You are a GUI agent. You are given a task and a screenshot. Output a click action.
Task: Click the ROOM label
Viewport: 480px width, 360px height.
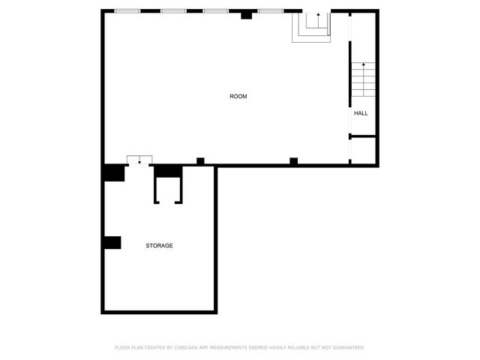point(238,96)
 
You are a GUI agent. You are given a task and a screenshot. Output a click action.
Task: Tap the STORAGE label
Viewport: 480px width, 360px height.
point(159,245)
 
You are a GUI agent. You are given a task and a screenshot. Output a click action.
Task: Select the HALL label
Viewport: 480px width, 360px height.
point(361,113)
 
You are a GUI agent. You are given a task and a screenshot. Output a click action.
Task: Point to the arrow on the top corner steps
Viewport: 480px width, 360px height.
point(317,16)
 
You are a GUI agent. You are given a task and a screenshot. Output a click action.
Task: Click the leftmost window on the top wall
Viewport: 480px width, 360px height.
point(126,11)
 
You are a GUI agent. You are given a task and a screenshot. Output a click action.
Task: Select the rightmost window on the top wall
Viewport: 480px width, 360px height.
point(271,11)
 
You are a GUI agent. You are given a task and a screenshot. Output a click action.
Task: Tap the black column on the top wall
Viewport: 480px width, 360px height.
point(246,14)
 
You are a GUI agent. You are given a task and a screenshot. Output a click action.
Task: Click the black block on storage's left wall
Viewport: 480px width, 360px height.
point(112,242)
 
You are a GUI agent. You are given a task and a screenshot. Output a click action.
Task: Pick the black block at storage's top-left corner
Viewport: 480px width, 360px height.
point(114,172)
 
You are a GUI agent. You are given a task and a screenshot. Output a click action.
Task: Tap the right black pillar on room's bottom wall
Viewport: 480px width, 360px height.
point(293,160)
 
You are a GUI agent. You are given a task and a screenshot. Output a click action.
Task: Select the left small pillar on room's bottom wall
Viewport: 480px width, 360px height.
point(200,160)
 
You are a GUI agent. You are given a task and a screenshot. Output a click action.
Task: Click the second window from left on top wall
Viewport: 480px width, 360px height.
point(173,11)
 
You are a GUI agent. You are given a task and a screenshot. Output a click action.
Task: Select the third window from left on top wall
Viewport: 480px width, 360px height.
point(216,11)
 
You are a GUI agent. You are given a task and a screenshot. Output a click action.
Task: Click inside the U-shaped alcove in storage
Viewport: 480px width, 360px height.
point(167,190)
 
